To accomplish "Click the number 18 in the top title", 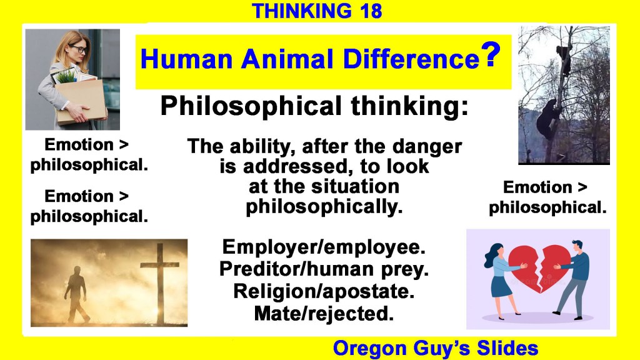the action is pyautogui.click(x=371, y=11).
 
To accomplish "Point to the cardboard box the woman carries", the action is pyautogui.click(x=80, y=101).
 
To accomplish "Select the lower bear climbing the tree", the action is pyautogui.click(x=547, y=118).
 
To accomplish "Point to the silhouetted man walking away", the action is pyautogui.click(x=76, y=294).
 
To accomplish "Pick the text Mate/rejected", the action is pyautogui.click(x=324, y=314).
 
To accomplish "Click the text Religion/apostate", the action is pyautogui.click(x=324, y=291).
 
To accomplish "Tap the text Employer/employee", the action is pyautogui.click(x=324, y=247).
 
